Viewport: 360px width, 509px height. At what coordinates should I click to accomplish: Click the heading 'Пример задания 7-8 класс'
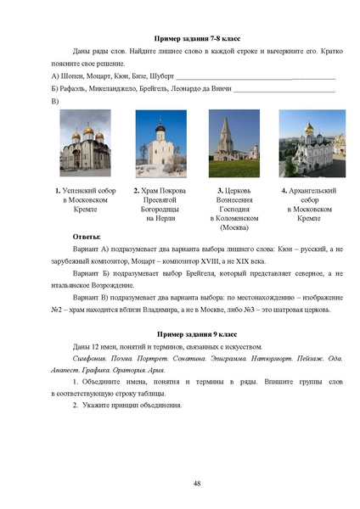(x=195, y=40)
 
